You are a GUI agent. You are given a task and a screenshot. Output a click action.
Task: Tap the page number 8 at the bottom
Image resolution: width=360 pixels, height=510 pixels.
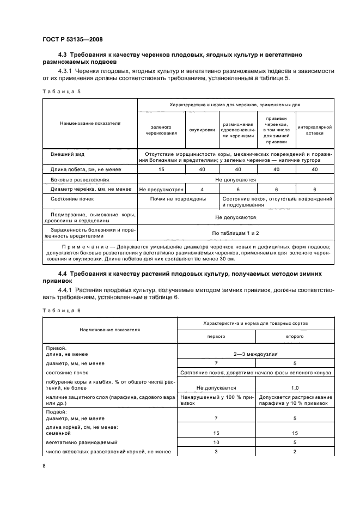44,465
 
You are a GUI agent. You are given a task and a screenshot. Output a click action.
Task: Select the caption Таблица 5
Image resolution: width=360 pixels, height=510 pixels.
61,91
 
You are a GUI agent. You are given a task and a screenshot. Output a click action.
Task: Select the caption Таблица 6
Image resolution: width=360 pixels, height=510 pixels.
61,309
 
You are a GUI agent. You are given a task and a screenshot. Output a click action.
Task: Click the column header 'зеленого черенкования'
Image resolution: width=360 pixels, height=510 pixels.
161,129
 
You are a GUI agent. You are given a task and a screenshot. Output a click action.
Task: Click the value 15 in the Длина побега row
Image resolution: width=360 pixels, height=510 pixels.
161,170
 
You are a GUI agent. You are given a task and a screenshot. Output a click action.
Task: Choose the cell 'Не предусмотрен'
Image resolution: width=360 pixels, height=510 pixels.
161,189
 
